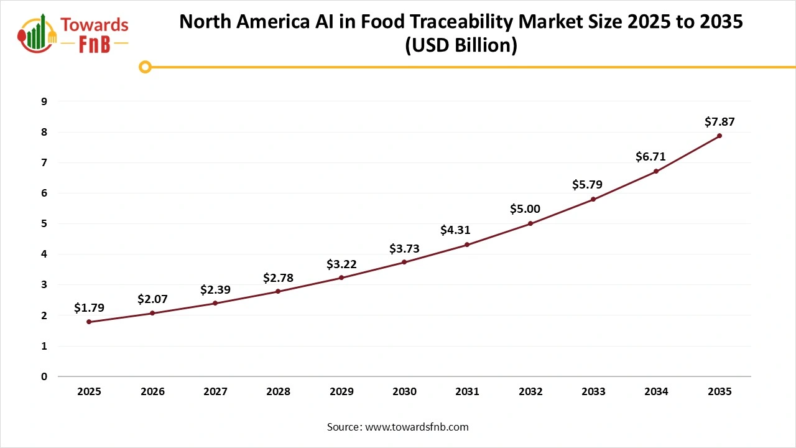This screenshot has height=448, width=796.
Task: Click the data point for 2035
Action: (x=720, y=136)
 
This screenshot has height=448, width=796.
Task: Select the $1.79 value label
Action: (x=89, y=307)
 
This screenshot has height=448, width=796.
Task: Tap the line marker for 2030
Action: (x=404, y=262)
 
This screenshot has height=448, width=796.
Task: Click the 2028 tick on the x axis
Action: (x=278, y=392)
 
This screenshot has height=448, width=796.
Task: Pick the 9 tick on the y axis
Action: (x=44, y=101)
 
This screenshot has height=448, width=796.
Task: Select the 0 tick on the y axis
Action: (x=44, y=376)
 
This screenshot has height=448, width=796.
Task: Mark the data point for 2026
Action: (x=152, y=313)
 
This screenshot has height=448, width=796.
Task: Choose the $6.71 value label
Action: (x=650, y=157)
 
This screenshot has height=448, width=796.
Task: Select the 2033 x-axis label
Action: (x=593, y=392)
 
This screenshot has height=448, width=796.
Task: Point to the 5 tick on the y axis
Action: (x=44, y=223)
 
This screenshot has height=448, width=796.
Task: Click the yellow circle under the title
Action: (x=145, y=67)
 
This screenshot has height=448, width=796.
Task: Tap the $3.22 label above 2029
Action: (x=341, y=264)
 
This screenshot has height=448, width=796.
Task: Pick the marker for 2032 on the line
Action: (x=530, y=223)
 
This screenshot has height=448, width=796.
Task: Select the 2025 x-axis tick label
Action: (x=89, y=392)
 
